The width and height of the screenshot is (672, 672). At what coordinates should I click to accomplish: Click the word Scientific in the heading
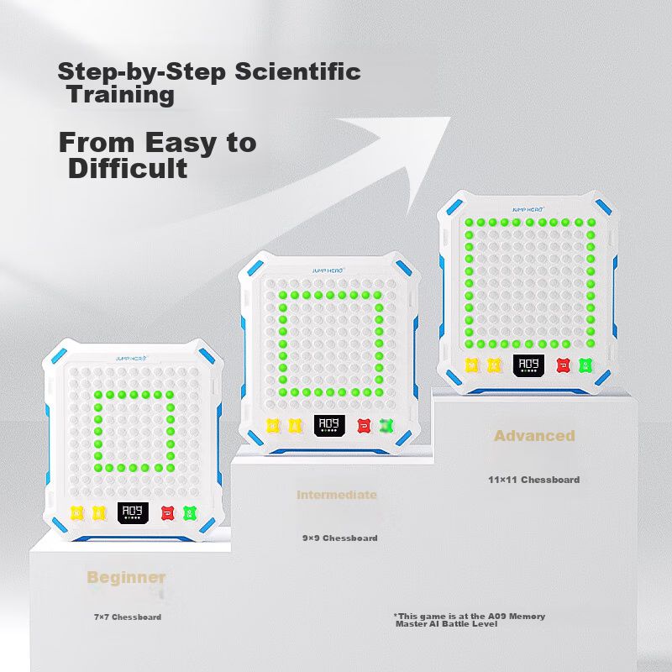coord(298,71)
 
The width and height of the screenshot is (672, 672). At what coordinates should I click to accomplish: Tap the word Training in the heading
coord(120,96)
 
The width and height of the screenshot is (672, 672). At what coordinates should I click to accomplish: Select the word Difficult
coord(128,168)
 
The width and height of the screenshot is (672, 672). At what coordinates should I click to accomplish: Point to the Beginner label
coord(126,577)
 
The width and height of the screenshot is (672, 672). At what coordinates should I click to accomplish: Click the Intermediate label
coord(337,495)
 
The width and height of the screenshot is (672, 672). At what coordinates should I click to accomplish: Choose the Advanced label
coord(534,435)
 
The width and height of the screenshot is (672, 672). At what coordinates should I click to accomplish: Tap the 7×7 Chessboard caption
coord(128,617)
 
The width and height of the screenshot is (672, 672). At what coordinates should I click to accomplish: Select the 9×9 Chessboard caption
coord(340,538)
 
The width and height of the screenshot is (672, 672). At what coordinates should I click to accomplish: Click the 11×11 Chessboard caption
coord(534,480)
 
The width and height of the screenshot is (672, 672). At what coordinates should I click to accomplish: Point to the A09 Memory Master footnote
coord(470,620)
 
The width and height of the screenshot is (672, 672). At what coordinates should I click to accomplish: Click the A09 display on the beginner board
coord(133,512)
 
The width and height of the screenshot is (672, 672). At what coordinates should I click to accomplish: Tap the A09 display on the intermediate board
coord(329,425)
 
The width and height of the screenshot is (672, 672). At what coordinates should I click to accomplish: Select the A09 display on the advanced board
coord(529,365)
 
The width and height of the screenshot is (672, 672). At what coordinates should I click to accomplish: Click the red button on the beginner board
coord(167,513)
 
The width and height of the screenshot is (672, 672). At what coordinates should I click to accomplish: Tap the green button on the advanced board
coord(585,365)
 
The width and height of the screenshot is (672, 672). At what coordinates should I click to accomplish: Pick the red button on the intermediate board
coord(364,426)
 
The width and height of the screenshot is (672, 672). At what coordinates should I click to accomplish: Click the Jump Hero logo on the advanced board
coord(528,209)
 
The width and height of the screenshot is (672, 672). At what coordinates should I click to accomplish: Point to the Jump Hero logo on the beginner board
coord(132,359)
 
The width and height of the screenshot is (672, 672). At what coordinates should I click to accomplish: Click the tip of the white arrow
coord(450,117)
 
